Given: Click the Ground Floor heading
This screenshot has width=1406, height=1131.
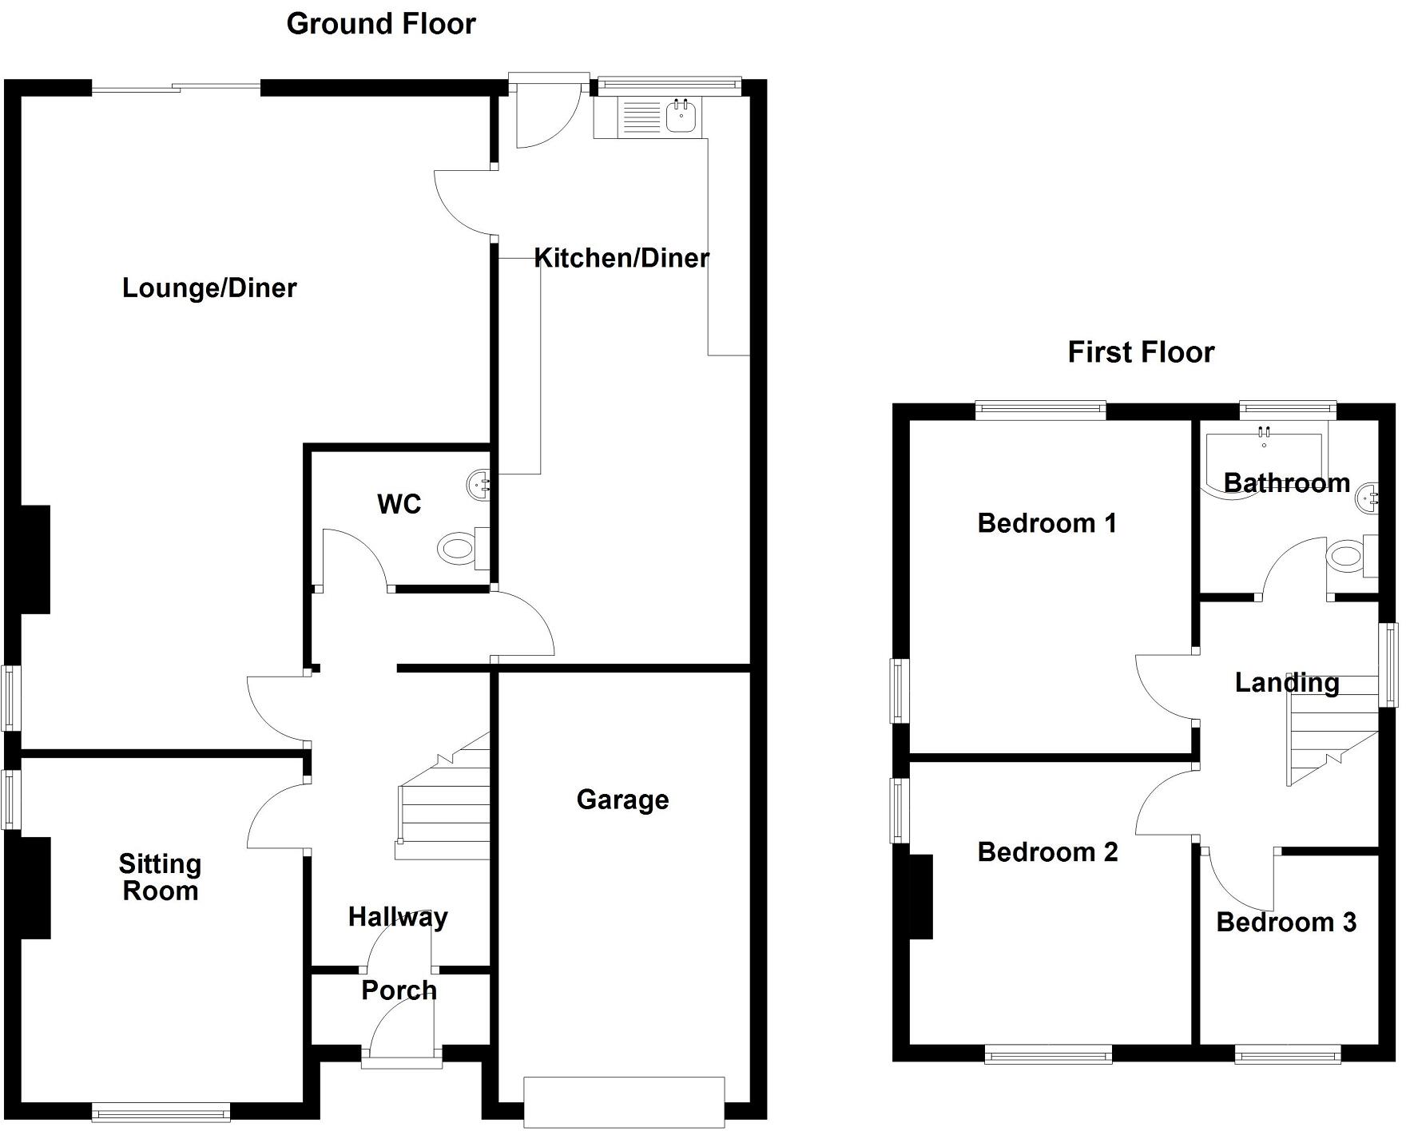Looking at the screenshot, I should coord(380,24).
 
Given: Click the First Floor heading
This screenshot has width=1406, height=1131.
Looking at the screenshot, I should coord(1140,352).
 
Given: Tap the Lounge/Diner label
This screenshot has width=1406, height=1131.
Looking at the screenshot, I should coord(209,288).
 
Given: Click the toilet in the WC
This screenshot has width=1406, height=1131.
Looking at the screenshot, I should coord(457,549).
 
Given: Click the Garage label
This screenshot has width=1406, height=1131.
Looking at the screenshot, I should coord(622,800).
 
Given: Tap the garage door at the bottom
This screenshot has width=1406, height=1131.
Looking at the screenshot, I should coord(624,1102).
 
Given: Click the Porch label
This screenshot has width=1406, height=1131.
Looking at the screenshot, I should coord(399,990).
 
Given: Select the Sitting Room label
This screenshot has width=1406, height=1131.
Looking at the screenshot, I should coord(160,877).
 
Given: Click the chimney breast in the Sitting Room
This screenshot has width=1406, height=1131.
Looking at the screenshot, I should coord(35,887).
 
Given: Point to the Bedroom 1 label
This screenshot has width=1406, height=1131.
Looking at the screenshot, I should coord(1047,523).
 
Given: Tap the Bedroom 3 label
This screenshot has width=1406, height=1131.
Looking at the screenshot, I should coord(1285,923).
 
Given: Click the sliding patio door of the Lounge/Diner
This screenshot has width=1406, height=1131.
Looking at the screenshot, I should coord(176,89).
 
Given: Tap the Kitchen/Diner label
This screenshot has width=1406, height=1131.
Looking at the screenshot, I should coord(621,258).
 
